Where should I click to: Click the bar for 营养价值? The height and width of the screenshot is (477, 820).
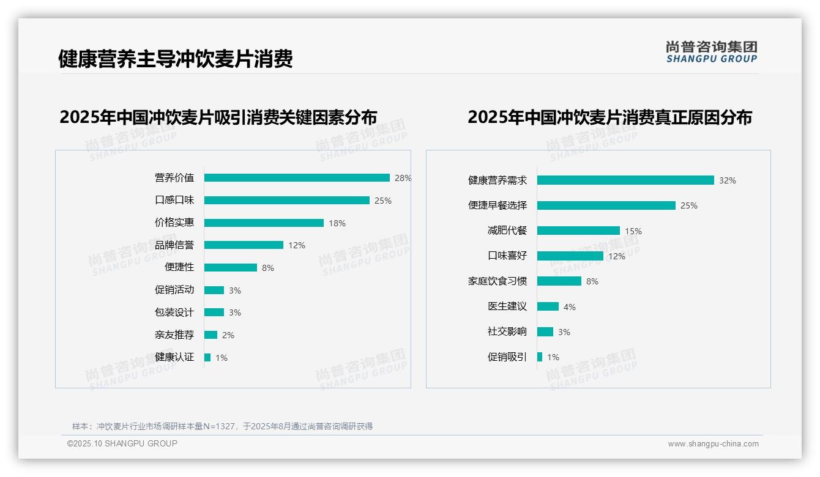pos(297,178)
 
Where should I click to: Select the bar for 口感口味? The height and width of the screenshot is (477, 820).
pos(286,201)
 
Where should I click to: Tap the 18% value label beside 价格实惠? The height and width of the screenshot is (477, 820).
pos(337,223)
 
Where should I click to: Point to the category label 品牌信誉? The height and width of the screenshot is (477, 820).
pos(174,245)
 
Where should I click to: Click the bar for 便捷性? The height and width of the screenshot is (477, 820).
pos(231,268)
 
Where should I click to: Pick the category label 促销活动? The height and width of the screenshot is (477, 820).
pos(174,290)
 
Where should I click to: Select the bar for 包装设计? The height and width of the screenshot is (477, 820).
pos(214,312)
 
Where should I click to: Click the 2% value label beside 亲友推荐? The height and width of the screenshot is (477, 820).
pos(228,335)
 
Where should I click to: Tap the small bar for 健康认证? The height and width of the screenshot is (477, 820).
pos(207,357)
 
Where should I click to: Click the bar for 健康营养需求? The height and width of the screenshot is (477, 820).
pos(625,180)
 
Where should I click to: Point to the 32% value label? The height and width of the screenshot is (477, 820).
pos(728,181)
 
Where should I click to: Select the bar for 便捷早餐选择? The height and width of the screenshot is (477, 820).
pos(606,205)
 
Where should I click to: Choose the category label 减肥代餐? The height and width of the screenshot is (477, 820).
pos(507,231)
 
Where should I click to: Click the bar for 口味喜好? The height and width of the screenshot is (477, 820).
pos(570,256)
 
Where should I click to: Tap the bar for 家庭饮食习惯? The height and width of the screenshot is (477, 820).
pos(559,281)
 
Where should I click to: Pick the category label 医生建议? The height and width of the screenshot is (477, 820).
pos(507,306)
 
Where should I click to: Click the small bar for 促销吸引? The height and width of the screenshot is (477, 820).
pos(540,357)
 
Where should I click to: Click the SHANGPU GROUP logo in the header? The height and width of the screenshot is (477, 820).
pos(712,52)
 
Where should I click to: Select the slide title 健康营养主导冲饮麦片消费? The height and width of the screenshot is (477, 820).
pos(176,59)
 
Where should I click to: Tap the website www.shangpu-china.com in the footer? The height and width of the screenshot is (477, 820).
pos(713,444)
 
